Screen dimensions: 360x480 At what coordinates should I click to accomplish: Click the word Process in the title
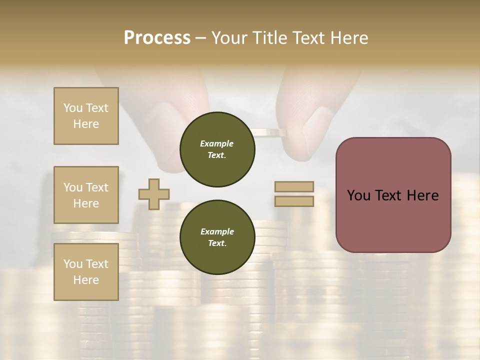point(157,38)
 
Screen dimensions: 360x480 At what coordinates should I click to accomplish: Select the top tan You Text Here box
point(86,116)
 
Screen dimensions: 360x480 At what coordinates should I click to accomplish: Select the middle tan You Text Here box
point(86,195)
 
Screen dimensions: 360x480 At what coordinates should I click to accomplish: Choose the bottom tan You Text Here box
point(86,272)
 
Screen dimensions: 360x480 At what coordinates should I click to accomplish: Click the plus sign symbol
point(154,195)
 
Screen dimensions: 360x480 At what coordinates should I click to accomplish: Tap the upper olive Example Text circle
point(217,149)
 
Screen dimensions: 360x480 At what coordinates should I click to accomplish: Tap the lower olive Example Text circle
point(217,237)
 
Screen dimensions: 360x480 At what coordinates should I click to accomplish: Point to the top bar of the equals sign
point(294,187)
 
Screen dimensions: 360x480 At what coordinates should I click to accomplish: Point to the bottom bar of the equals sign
point(294,201)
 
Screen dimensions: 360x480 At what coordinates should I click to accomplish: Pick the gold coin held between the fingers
point(268,132)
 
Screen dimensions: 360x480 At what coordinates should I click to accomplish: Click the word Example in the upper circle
point(217,143)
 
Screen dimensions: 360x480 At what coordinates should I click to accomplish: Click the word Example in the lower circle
point(217,231)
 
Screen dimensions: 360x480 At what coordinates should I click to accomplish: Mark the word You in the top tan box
point(72,108)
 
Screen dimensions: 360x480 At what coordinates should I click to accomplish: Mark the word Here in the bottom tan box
point(86,280)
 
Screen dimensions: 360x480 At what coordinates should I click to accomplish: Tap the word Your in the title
point(230,38)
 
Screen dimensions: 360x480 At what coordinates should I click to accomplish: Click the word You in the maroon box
point(358,195)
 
